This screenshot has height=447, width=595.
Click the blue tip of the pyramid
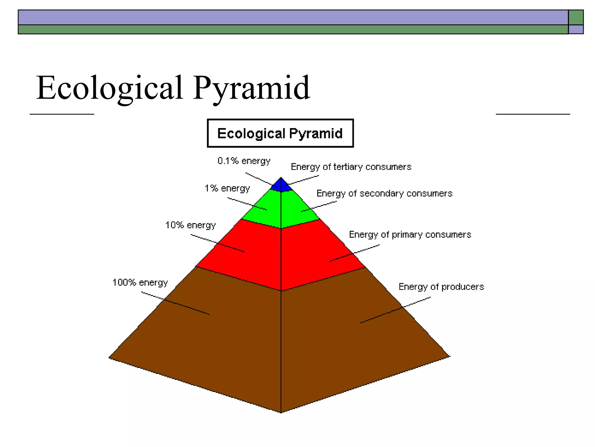[x=281, y=186]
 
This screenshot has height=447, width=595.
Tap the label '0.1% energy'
[x=244, y=161]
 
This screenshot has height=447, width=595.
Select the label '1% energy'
[x=227, y=188]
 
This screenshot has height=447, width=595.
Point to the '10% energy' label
[x=191, y=225]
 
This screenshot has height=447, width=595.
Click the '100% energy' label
[x=140, y=282]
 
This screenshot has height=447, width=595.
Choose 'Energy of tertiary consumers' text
[x=351, y=167]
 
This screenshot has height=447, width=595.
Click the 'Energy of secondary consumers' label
[x=384, y=193]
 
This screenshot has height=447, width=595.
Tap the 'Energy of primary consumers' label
[x=410, y=235]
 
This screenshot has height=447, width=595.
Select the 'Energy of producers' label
[x=441, y=287]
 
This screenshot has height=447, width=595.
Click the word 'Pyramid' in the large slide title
[x=251, y=88]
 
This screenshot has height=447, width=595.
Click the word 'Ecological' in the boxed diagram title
[x=251, y=134]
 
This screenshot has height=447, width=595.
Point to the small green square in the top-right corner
[x=576, y=17]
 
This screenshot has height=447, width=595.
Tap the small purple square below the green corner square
[x=576, y=29]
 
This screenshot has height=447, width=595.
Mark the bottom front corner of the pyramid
[x=281, y=411]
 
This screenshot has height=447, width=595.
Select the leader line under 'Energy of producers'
[x=395, y=310]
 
